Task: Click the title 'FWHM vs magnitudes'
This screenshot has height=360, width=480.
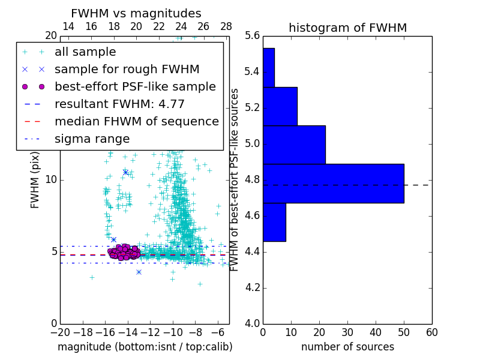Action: click(136, 13)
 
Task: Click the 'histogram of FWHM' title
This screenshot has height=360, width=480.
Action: click(347, 28)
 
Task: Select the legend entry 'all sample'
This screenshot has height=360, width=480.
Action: click(85, 52)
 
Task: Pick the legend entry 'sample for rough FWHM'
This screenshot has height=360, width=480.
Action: click(127, 69)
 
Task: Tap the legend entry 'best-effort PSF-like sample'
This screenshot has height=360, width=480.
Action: click(135, 86)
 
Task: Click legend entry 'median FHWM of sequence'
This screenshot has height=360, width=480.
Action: click(136, 121)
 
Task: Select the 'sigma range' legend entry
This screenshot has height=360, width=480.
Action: click(92, 139)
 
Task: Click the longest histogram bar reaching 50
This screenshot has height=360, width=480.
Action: click(333, 183)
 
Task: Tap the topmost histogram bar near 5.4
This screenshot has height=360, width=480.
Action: click(268, 67)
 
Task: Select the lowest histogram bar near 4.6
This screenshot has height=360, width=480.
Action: click(274, 222)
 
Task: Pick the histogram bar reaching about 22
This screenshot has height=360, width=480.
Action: click(294, 145)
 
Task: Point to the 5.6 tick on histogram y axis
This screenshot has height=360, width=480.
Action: click(253, 36)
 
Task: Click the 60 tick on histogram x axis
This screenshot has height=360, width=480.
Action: click(431, 332)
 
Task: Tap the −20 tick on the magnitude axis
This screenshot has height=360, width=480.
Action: click(60, 332)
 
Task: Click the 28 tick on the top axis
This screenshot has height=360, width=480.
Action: click(226, 26)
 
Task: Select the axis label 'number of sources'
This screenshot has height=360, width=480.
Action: click(347, 347)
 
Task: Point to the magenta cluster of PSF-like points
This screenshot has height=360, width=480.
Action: click(124, 252)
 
